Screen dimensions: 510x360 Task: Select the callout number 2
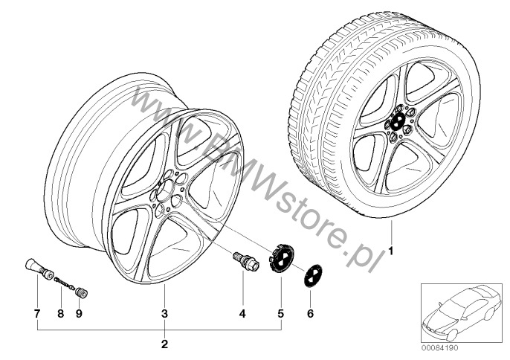point(164,344)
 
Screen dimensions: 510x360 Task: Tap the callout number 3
point(164,314)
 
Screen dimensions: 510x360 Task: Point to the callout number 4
point(242,314)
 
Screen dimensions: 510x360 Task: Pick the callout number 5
point(281,314)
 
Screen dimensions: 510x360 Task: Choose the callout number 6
point(310,314)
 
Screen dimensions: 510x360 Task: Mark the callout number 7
point(37,314)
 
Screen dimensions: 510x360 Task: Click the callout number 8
point(61,314)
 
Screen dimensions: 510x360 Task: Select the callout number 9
point(79,314)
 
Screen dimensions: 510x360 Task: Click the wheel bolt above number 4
point(245,261)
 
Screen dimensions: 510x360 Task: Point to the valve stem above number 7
point(39,269)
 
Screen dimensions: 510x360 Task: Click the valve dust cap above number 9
point(81,292)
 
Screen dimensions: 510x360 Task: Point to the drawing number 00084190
point(439,348)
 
